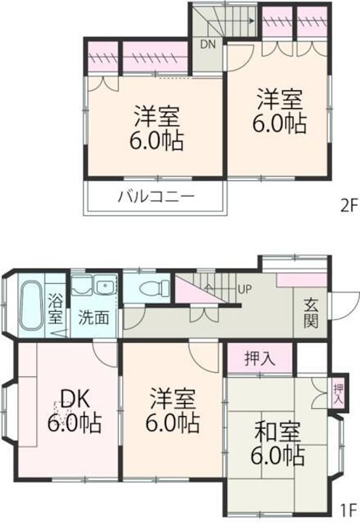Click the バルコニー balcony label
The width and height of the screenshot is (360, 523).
pos(156,196)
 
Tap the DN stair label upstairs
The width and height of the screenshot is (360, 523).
pos(208,44)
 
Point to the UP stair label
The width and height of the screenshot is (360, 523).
pos(245,289)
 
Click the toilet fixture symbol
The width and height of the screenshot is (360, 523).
pos(152,288)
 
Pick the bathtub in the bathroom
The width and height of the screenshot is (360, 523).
pos(30,306)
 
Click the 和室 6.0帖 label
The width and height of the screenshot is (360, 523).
pos(279,445)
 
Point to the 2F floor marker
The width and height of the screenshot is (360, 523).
pos(348,205)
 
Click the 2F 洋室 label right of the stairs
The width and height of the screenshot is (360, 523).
pos(279,110)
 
